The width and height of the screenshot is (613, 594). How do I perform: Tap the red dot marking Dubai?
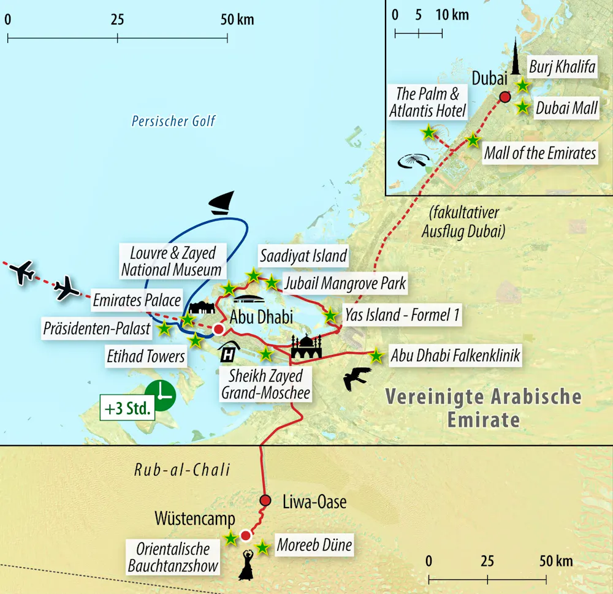(504, 97)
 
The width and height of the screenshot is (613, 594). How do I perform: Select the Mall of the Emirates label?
(540, 153)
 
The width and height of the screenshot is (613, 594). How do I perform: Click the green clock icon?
(161, 395)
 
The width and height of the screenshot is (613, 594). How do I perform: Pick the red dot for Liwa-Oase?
(265, 500)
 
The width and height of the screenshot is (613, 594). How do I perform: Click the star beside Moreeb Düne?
(262, 547)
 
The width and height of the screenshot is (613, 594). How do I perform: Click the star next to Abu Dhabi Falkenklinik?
(376, 355)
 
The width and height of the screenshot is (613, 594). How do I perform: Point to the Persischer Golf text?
(173, 121)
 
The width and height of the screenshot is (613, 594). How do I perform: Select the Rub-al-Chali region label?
(183, 470)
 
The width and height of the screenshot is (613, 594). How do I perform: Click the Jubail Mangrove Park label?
(345, 284)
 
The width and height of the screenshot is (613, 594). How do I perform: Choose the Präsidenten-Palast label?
(97, 329)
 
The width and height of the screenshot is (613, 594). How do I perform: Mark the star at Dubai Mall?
(522, 107)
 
